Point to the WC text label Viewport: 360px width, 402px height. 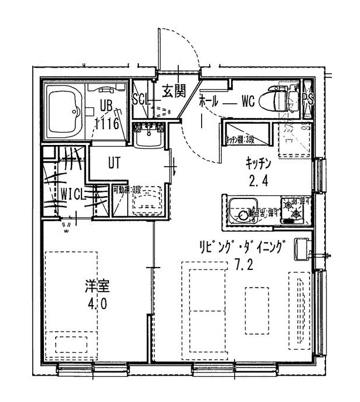[x=247, y=101]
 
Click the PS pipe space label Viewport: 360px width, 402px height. [x=308, y=98]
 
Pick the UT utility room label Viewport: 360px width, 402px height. [x=114, y=163]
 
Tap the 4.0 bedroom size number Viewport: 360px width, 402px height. [x=98, y=305]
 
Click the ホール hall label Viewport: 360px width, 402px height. [x=210, y=101]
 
